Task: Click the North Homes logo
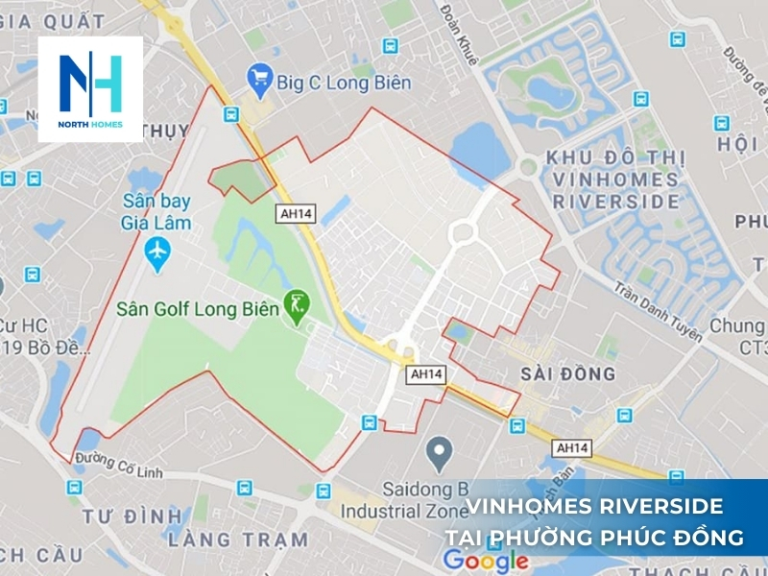point(90,89)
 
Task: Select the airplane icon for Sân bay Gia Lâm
point(156,252)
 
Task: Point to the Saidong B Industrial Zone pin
point(440,448)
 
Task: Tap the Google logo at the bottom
point(486,560)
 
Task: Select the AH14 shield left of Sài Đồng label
point(427,374)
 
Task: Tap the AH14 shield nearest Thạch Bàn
point(574,447)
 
